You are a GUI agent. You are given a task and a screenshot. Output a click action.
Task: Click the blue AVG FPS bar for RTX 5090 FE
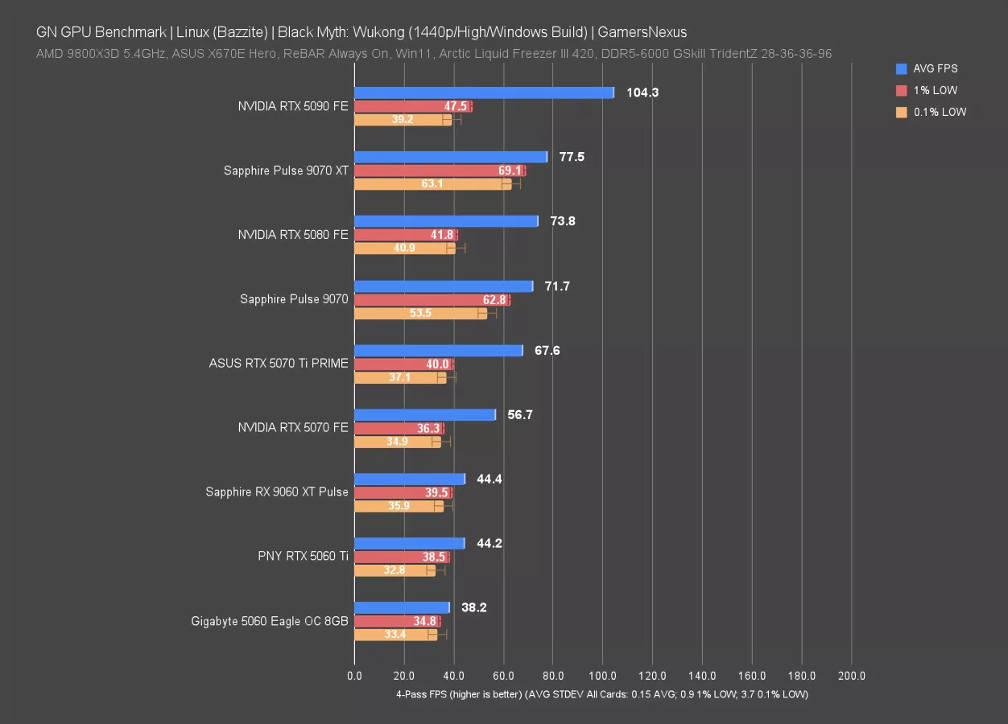click(483, 93)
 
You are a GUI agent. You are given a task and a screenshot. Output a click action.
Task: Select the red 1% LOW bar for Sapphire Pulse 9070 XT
click(439, 171)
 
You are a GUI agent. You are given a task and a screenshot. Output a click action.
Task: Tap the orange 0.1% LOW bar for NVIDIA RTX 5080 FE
click(404, 248)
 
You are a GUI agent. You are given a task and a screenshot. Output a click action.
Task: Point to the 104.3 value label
click(642, 93)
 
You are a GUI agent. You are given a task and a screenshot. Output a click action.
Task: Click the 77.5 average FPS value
click(572, 157)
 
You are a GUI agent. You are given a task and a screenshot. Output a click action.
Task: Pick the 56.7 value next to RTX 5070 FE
click(521, 415)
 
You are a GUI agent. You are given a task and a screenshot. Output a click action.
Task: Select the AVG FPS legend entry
click(934, 69)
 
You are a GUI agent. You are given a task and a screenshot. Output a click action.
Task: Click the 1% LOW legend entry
click(934, 91)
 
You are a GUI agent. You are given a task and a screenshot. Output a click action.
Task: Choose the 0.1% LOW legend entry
click(939, 113)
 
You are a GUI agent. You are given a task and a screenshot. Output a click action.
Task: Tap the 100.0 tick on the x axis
click(603, 677)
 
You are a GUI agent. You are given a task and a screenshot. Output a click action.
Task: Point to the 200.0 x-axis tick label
click(852, 677)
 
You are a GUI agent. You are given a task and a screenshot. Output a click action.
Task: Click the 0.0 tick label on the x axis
click(354, 677)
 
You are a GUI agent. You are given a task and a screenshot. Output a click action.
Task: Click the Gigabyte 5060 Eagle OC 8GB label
click(270, 621)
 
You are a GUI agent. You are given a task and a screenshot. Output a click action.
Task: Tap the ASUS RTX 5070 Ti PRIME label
click(279, 364)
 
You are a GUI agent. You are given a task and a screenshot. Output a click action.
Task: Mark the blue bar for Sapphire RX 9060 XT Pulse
click(409, 479)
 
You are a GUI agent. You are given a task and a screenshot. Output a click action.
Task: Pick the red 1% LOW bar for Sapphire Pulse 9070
click(432, 300)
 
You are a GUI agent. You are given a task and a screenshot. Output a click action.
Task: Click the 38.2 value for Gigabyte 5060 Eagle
click(475, 608)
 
